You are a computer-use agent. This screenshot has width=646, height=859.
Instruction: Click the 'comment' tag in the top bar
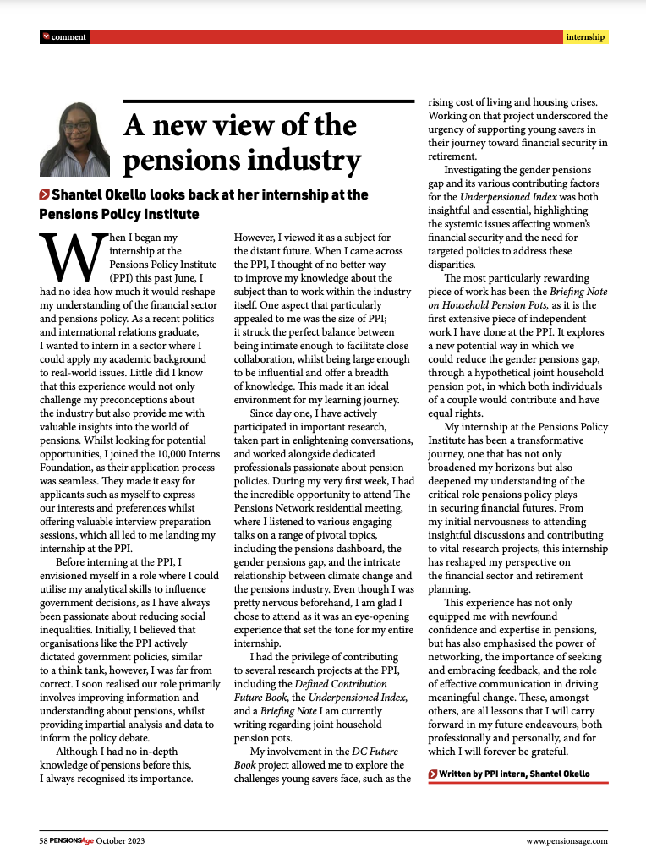(68, 37)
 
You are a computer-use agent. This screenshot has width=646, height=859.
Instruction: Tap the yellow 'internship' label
(585, 37)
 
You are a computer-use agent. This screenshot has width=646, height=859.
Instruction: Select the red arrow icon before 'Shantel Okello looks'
(44, 195)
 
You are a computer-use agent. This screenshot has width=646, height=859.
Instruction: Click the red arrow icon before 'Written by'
(433, 774)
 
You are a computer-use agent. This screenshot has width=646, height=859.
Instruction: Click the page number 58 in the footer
(43, 840)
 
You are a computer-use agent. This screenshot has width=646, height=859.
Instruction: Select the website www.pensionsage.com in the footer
(567, 840)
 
